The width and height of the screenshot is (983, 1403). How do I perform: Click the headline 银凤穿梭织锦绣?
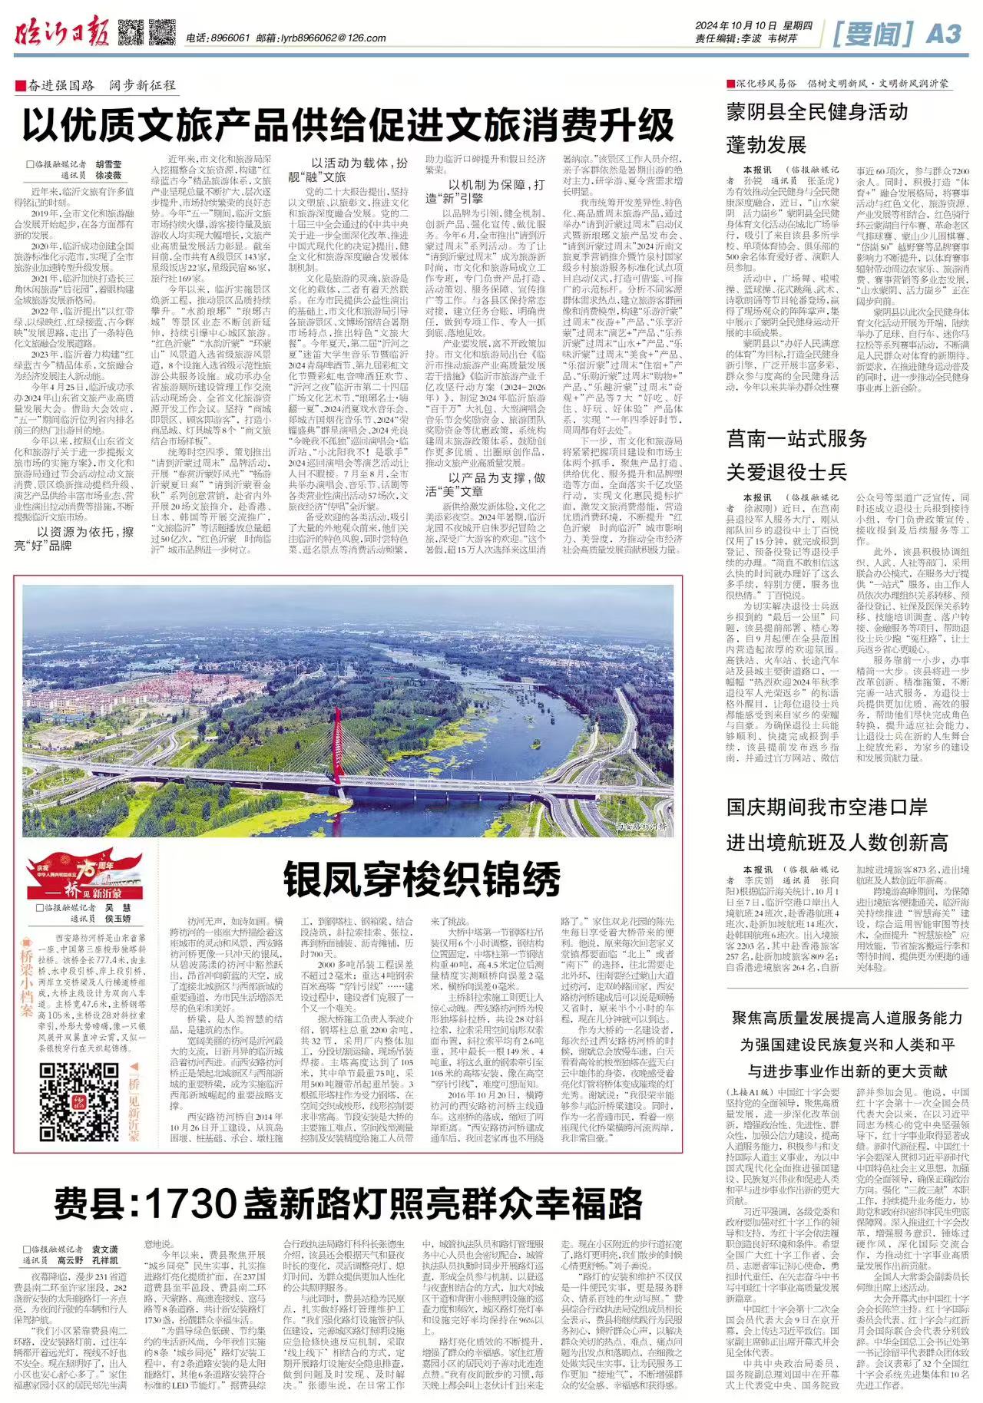pos(422,879)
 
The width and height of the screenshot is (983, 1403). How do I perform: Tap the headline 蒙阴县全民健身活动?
pos(817,112)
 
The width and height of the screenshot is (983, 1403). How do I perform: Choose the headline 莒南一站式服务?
pos(797,438)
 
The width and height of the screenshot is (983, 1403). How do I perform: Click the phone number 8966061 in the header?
pos(230,38)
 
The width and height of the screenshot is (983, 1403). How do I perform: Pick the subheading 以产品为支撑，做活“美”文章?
pos(486,484)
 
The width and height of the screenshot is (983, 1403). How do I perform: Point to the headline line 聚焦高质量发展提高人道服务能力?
pos(847,1018)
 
